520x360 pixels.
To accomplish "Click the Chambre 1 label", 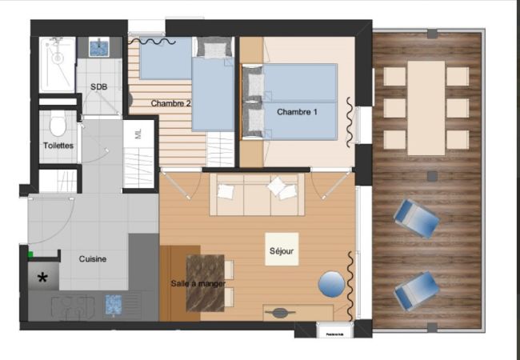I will [x=298, y=112].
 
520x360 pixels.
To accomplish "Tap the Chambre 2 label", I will [x=170, y=103].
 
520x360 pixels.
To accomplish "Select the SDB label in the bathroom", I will [x=98, y=86].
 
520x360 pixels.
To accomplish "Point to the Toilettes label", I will [x=58, y=146].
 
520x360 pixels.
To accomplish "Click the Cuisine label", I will [x=93, y=259].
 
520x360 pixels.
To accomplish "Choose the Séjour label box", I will [x=282, y=249].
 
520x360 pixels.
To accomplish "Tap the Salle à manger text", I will [x=198, y=283].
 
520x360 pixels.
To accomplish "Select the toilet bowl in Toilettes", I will [x=58, y=126].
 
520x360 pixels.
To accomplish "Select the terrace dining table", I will [x=426, y=108].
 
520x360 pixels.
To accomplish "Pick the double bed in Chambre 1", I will [x=298, y=102].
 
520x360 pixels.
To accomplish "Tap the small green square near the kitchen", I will [x=30, y=255].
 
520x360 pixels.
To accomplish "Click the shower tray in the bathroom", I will [x=58, y=62].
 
